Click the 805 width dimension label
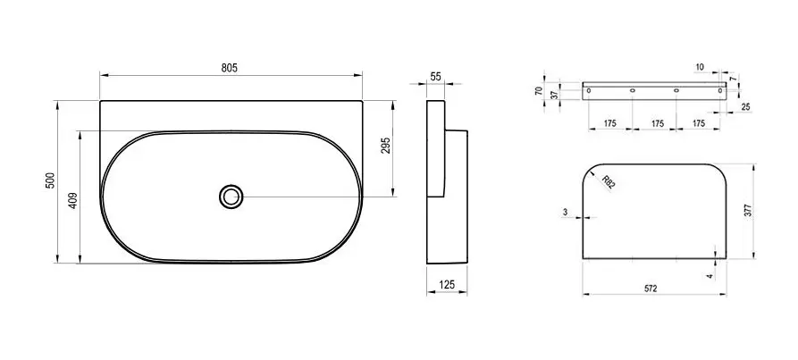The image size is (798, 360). (230, 68)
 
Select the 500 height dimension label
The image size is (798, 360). (50, 180)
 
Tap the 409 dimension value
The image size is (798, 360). (72, 200)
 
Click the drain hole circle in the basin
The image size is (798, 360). (231, 197)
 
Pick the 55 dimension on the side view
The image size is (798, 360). (436, 77)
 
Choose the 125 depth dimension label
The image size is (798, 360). (446, 284)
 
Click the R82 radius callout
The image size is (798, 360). (609, 181)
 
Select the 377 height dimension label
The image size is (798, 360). (748, 211)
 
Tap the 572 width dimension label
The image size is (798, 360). (651, 289)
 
